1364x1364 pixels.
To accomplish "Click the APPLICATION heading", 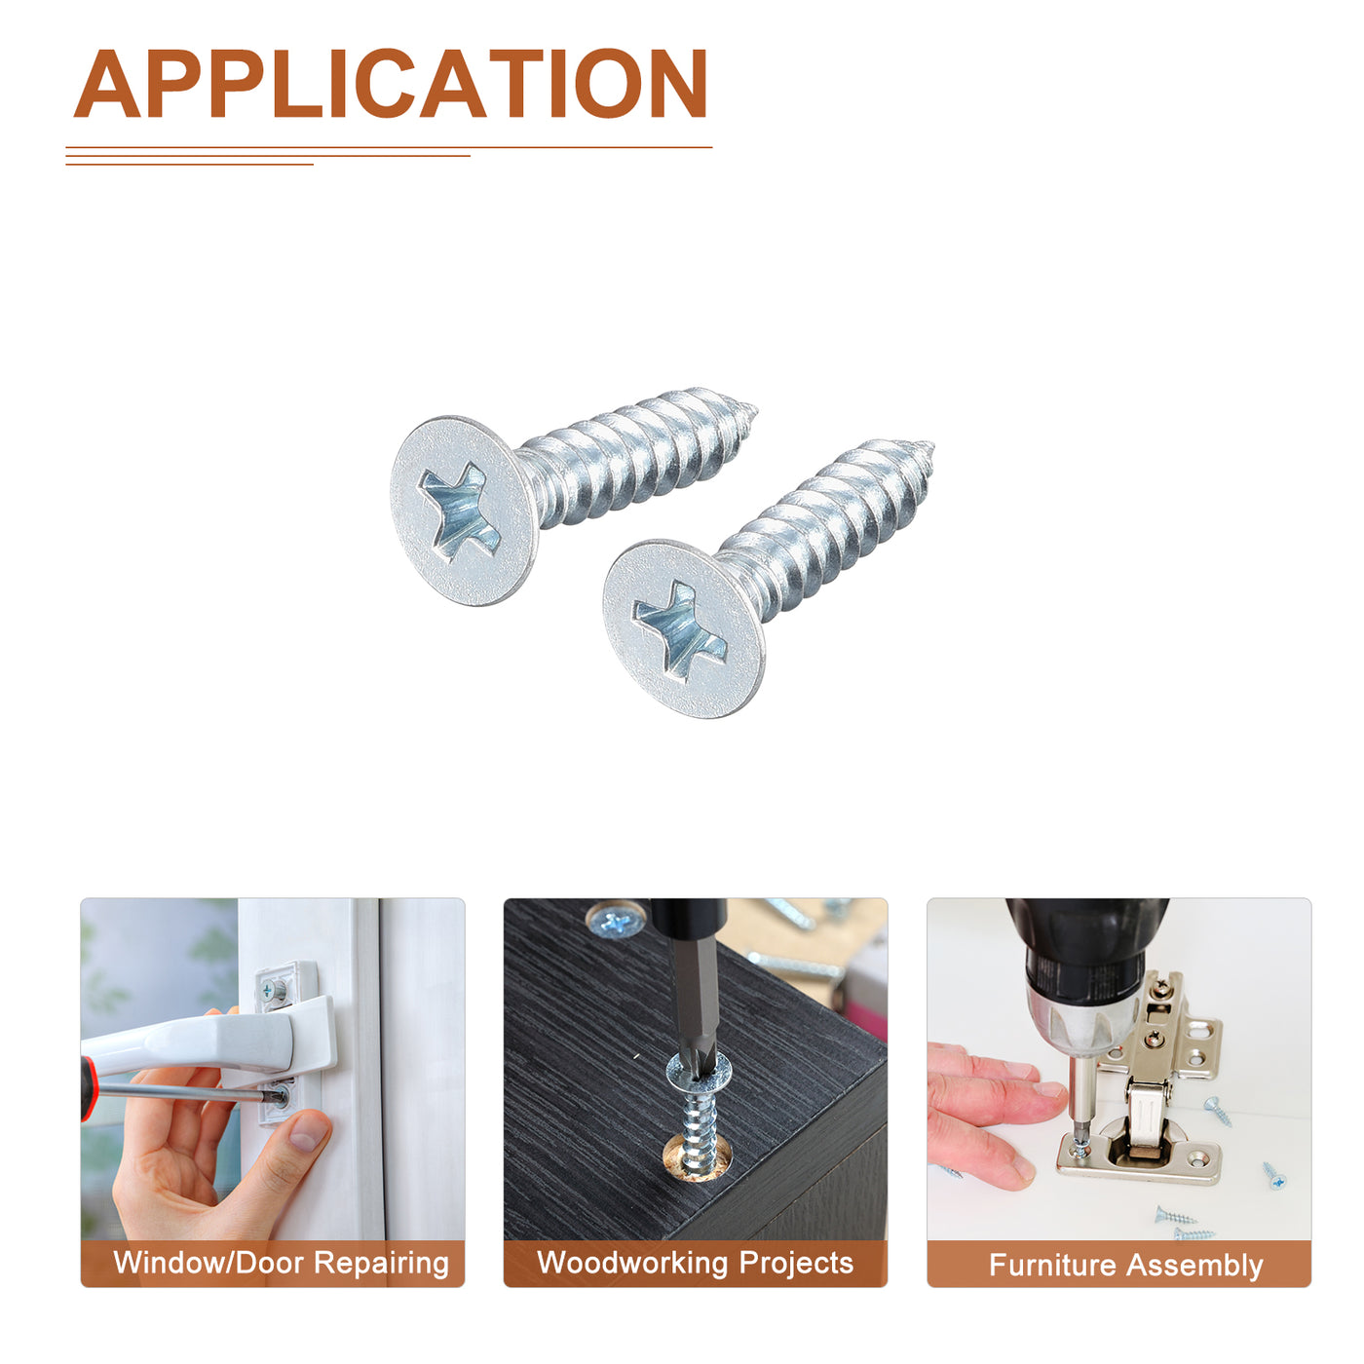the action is click(390, 83).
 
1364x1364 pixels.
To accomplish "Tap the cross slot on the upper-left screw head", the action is click(459, 511).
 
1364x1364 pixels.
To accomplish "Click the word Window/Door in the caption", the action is click(208, 1263).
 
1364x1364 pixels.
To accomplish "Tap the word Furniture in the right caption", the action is click(1052, 1265).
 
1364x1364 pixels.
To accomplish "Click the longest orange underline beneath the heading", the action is click(389, 147).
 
